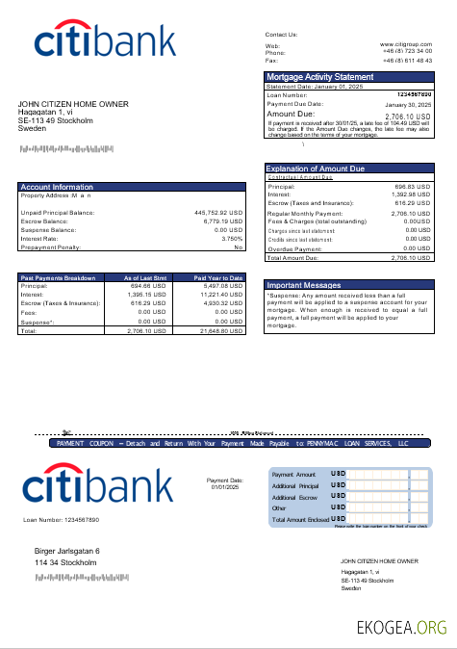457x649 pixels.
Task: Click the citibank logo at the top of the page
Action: pos(106,41)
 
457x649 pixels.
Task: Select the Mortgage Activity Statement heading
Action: pos(319,77)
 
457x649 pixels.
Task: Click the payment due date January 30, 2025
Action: pos(409,104)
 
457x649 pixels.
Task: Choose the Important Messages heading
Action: pos(303,285)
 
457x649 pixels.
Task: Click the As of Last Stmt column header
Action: pos(147,277)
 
